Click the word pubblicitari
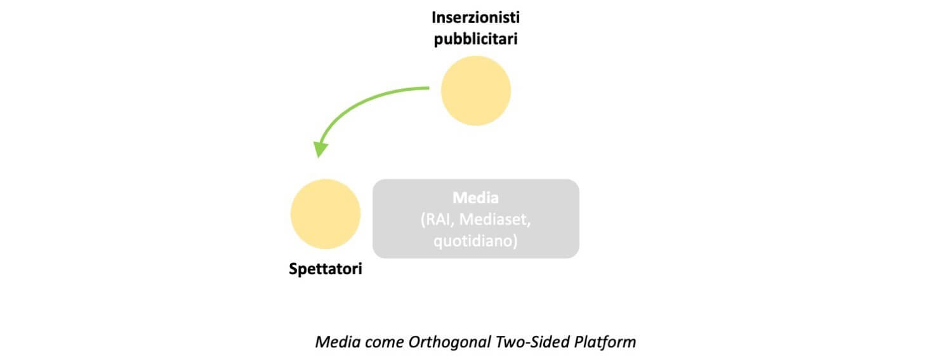click(475, 39)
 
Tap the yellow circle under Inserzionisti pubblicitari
click(475, 90)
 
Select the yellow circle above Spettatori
click(326, 214)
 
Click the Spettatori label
click(326, 269)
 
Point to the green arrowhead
click(321, 149)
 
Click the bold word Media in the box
click(475, 197)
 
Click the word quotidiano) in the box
click(475, 242)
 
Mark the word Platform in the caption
click(605, 342)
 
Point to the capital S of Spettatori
click(293, 269)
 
